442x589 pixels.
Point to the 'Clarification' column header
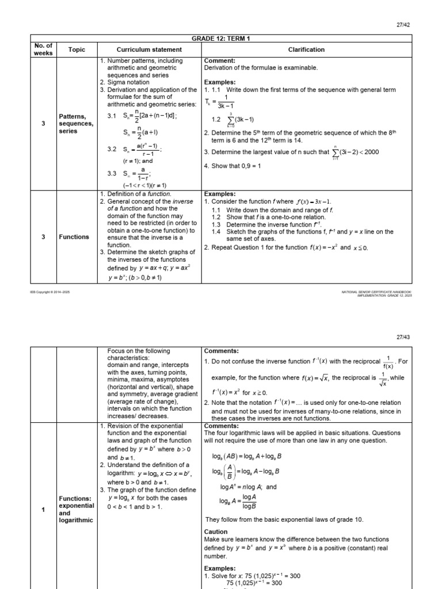[307, 49]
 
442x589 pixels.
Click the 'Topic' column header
[77, 49]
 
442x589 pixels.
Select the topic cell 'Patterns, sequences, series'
[73, 124]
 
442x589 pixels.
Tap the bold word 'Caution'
[216, 532]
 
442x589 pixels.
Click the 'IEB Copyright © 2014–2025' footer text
[49, 292]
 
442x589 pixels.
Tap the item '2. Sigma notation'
[125, 82]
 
